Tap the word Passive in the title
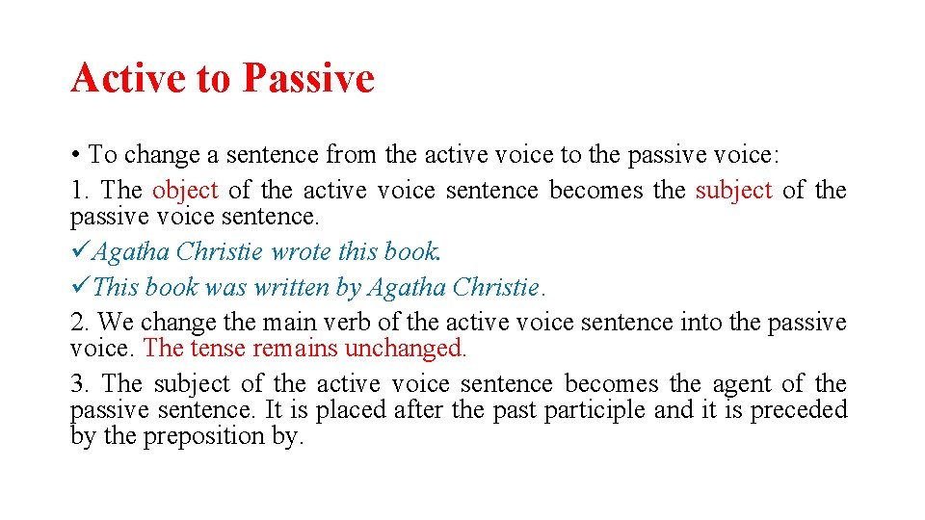[x=307, y=78]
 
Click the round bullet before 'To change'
[x=75, y=155]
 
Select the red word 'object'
[x=185, y=191]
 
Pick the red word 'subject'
[x=733, y=191]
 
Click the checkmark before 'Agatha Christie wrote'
[x=80, y=252]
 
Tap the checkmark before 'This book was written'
[x=80, y=287]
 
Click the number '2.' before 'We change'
[x=80, y=322]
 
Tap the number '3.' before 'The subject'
[x=80, y=384]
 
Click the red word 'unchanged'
[x=419, y=349]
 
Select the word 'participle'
[x=595, y=410]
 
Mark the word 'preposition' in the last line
[x=204, y=436]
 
